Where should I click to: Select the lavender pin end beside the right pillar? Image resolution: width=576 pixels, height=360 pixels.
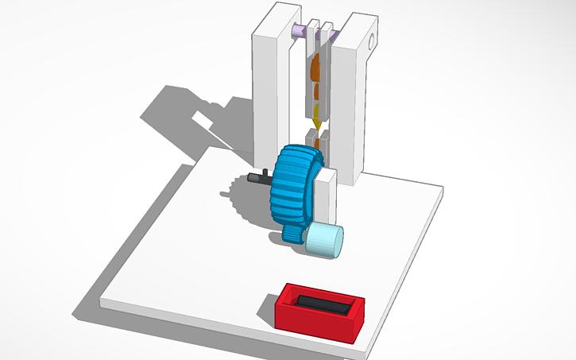click(x=335, y=34)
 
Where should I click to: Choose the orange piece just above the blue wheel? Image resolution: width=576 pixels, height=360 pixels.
click(x=317, y=143)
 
